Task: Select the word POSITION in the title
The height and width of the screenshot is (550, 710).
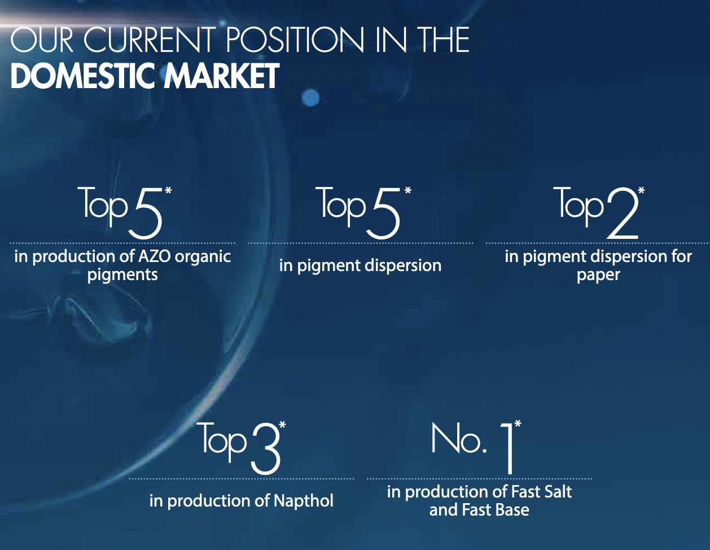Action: click(295, 40)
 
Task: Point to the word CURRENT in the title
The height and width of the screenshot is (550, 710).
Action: click(150, 40)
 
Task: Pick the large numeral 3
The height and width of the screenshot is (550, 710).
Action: click(266, 448)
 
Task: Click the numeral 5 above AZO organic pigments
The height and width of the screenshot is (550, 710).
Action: click(146, 213)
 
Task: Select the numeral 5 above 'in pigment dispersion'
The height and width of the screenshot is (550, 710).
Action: click(383, 213)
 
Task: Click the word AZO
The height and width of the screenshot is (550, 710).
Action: click(154, 256)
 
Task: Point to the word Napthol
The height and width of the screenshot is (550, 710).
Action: click(304, 501)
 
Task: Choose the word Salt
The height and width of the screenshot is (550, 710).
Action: click(558, 492)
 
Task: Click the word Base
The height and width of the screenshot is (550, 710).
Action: click(512, 510)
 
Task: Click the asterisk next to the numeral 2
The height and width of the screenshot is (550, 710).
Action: click(641, 190)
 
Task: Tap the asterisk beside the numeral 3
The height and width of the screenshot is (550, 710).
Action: click(283, 425)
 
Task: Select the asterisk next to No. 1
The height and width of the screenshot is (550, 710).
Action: click(518, 424)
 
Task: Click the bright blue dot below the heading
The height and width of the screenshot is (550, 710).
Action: click(310, 97)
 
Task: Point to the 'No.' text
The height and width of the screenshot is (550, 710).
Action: click(459, 438)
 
